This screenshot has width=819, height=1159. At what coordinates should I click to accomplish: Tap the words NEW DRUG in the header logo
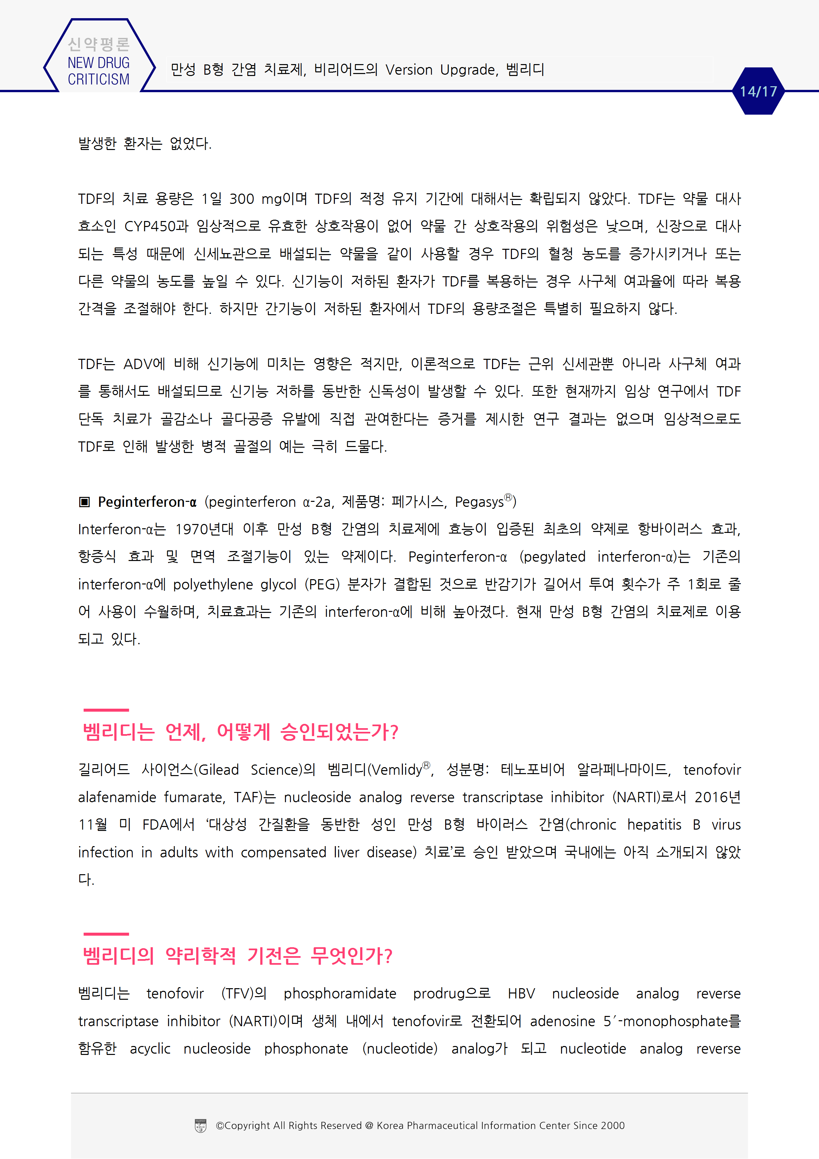(x=98, y=63)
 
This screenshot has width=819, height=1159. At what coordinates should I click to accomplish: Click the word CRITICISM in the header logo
(x=98, y=80)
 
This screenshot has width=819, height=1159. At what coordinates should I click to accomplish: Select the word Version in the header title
(x=409, y=70)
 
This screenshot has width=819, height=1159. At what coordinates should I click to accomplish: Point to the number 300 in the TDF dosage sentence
(x=242, y=199)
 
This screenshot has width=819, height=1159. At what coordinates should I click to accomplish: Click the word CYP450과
(x=156, y=226)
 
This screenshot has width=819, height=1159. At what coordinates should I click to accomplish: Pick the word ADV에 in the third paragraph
(x=144, y=364)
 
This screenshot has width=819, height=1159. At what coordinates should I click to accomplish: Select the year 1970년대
(x=204, y=529)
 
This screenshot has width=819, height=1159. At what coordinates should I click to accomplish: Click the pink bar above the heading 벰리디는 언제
(x=106, y=710)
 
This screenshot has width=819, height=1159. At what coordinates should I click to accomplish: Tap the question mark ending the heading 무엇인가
(x=388, y=955)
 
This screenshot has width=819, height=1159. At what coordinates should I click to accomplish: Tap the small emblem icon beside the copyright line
(x=200, y=1126)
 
